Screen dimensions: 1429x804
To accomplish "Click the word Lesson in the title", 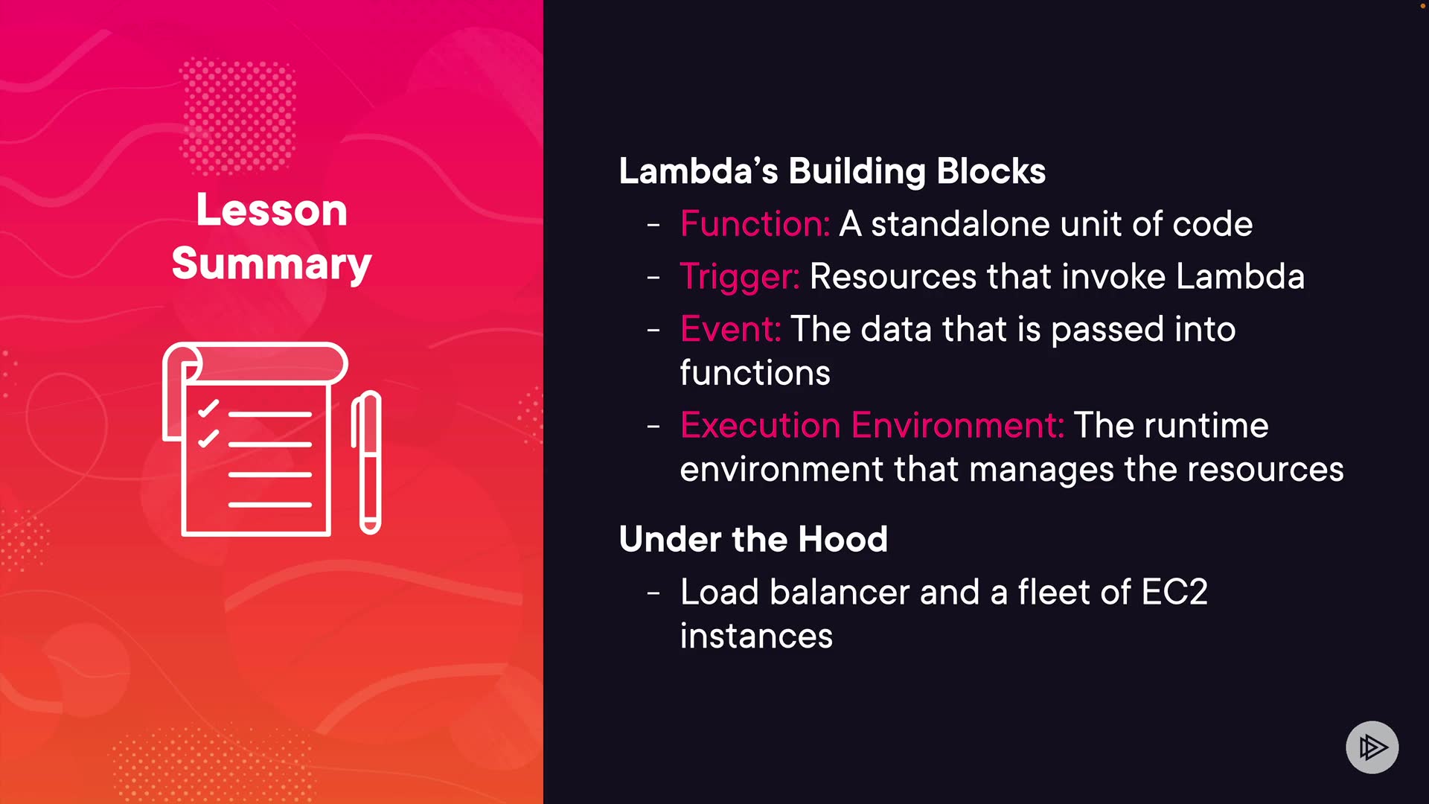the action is pos(272,210).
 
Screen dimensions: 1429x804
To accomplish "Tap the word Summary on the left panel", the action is pos(272,264).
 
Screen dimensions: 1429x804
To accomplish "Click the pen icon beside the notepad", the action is pos(367,462).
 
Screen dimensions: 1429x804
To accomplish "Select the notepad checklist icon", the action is pos(255,439).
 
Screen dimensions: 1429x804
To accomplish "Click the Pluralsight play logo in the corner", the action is pos(1372,747).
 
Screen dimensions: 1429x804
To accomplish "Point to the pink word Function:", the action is pos(755,224).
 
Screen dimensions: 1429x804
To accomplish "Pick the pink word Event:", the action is pos(730,329).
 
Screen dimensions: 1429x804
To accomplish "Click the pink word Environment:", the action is pos(958,425).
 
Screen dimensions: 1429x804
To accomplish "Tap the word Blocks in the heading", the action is pos(991,171).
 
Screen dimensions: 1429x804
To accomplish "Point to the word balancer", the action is pos(840,593).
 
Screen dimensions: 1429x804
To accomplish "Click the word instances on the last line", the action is pos(756,636).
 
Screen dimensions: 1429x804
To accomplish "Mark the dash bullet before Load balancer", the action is pos(653,593).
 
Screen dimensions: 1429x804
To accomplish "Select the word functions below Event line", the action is pos(755,373).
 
